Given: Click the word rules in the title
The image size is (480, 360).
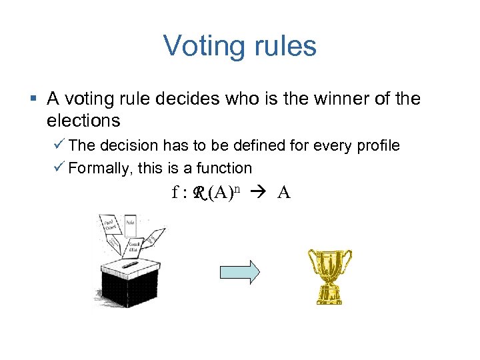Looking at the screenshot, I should click(283, 47).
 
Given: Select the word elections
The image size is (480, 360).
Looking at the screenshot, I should click(83, 121).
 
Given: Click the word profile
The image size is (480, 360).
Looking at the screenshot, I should click(376, 146).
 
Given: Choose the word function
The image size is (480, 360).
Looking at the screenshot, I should click(226, 168).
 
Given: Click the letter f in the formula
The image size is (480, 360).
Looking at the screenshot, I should click(175, 193).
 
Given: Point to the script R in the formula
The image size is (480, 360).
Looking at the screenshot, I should click(198, 193).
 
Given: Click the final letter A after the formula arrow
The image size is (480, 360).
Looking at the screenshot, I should click(284, 193).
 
